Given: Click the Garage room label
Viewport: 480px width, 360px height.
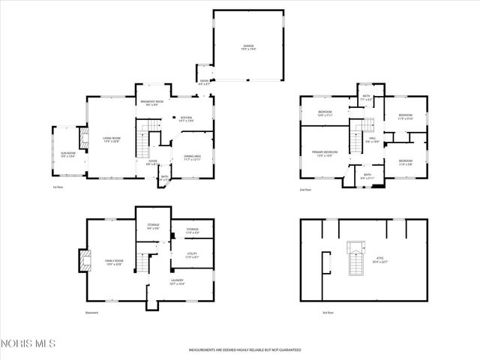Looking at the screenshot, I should coord(248,47).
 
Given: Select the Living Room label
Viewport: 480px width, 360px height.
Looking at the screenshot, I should coord(112,139).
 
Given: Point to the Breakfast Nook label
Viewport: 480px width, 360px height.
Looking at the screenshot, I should coord(152,103).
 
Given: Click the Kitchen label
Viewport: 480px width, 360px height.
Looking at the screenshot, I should coord(186,118).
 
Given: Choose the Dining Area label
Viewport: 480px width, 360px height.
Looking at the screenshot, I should coord(193,157).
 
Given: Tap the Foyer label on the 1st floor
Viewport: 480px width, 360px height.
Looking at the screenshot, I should coord(151,160).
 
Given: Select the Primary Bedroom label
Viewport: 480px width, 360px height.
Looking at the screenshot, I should coord(325,154).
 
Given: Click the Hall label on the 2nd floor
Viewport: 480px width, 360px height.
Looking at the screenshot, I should coord(373,140).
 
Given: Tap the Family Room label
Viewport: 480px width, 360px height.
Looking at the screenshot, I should coord(113,262).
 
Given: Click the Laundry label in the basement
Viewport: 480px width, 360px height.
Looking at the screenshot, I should coord(177,282).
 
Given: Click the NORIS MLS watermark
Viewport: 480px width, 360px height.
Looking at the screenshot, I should coord(28,343).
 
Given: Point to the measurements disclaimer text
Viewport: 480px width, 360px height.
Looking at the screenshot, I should coord(244,350).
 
